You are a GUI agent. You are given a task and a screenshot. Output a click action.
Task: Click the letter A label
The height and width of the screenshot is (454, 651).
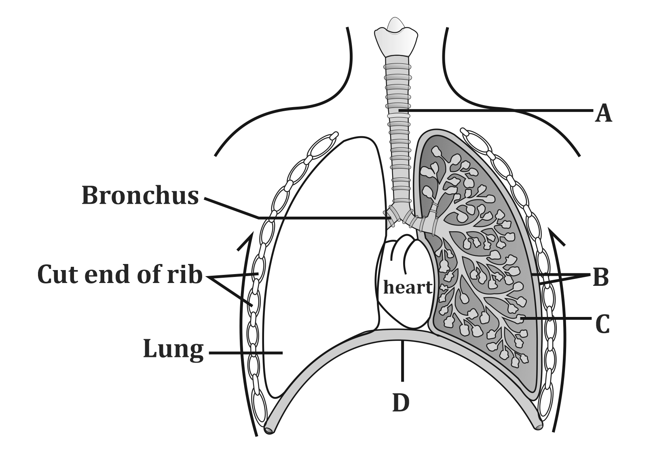(603, 113)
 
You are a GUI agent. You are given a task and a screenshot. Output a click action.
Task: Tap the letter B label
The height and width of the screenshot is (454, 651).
(600, 278)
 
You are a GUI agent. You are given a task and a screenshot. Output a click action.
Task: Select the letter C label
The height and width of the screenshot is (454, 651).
(602, 324)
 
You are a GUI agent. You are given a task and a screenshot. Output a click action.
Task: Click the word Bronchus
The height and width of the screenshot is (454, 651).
(140, 196)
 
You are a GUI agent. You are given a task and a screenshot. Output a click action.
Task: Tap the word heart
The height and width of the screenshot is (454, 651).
(408, 287)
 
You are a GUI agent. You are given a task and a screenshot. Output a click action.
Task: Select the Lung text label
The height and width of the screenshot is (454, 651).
(173, 350)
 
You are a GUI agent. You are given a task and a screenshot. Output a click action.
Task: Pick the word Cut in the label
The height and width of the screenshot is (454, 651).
(59, 275)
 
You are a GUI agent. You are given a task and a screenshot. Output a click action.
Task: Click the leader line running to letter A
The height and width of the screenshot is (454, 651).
(497, 110)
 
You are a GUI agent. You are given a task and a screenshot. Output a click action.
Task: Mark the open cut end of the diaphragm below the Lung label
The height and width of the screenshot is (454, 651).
(268, 430)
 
